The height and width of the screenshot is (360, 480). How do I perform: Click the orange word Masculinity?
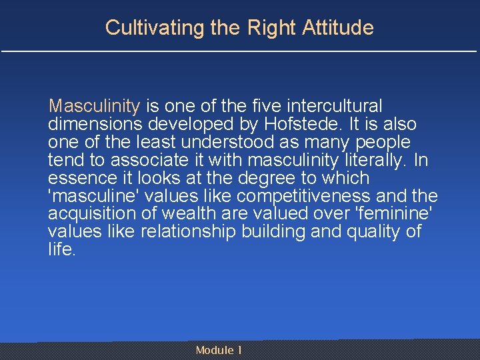pos(94,106)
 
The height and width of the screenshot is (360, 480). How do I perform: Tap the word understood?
pos(215,142)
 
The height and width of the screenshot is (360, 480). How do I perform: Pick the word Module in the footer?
pos(215,350)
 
